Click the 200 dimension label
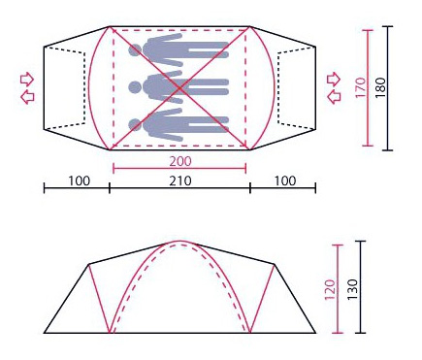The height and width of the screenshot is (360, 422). [x=180, y=161]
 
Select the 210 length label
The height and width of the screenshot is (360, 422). [x=180, y=180]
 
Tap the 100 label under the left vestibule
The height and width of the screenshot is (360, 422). [x=80, y=180]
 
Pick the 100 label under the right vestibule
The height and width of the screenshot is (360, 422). [x=285, y=180]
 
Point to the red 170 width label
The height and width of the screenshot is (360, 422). [x=361, y=87]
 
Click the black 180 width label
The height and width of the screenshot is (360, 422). [x=380, y=87]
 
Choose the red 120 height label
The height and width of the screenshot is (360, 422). [x=331, y=289]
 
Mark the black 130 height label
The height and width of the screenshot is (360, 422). [x=352, y=289]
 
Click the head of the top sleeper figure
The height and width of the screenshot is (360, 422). [x=135, y=50]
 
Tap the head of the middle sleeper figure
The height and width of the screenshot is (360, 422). [x=135, y=87]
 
